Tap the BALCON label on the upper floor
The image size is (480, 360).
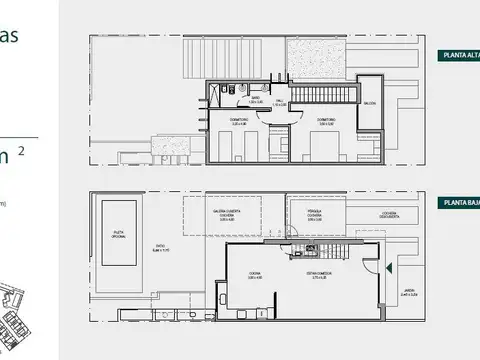tap(369, 103)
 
